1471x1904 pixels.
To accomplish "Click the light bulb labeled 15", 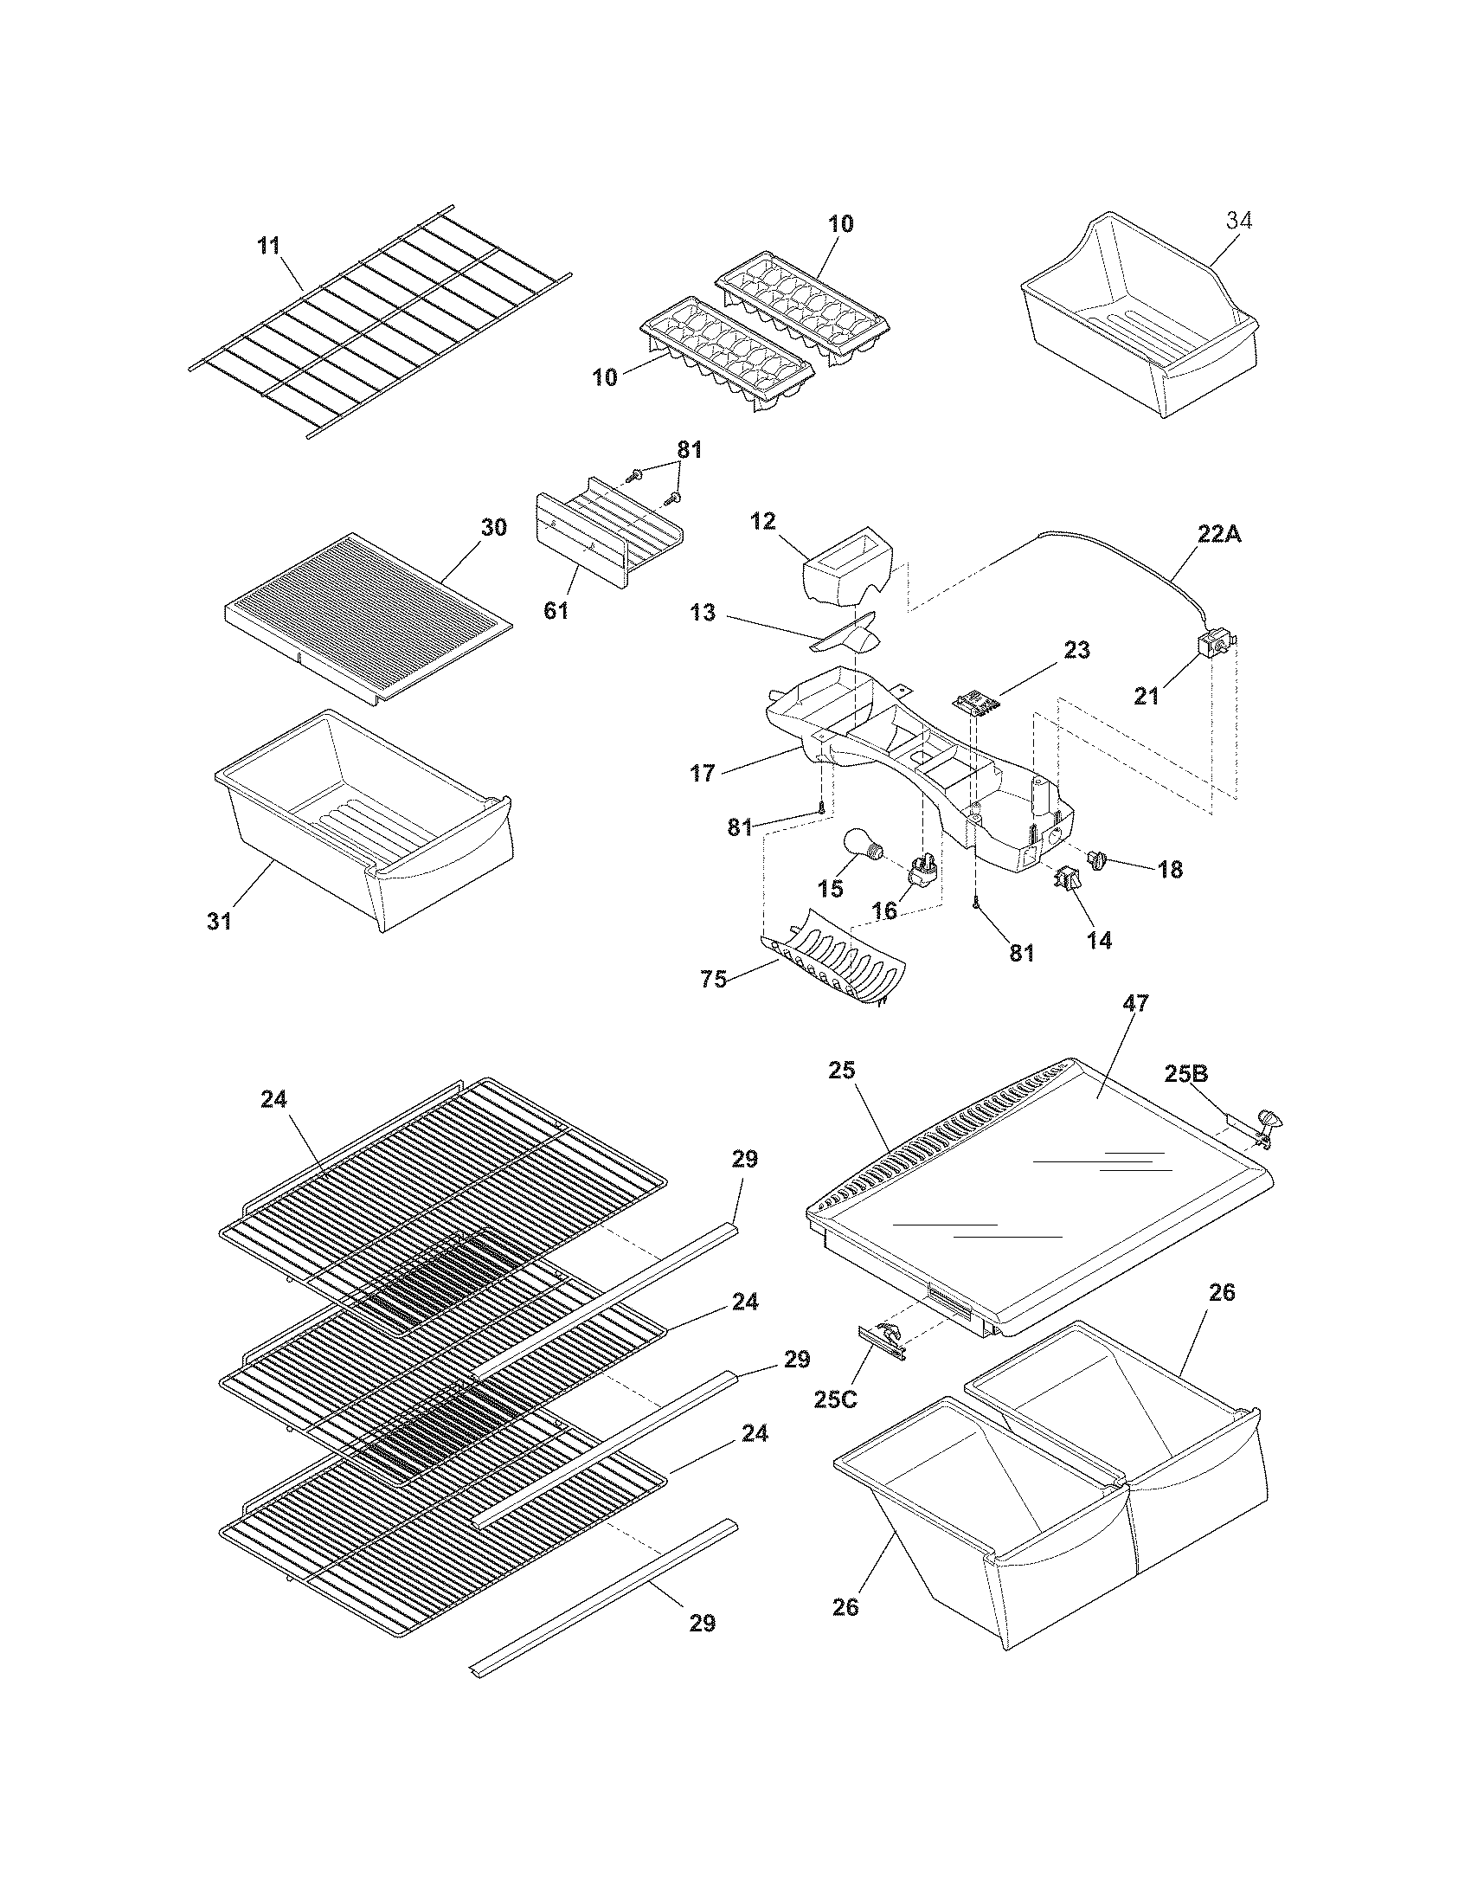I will pos(862,848).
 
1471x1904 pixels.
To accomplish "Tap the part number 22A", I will pos(1218,534).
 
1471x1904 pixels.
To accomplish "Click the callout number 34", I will pos(1239,222).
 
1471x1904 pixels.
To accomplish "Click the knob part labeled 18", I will pos(1096,861).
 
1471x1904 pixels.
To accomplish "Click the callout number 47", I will pos(1135,1003).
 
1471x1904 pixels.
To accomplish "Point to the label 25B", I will pos(1186,1074).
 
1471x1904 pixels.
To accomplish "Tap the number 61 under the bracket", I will pos(556,611).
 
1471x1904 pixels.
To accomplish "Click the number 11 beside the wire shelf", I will pos(269,246).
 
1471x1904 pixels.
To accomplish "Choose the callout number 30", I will pos(493,528).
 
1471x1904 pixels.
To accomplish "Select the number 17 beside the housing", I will pos(703,772).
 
